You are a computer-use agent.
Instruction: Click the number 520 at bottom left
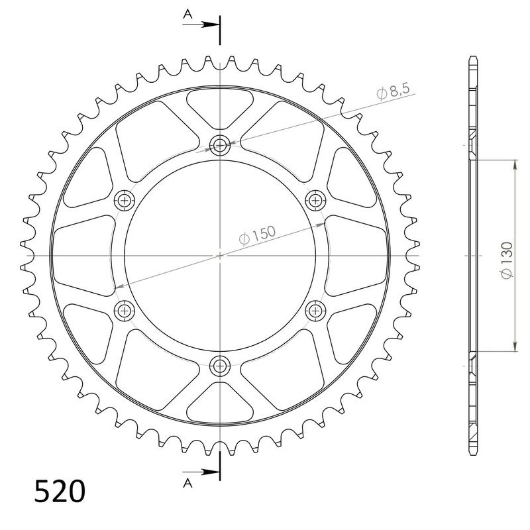click(60, 492)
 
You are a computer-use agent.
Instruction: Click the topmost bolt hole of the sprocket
click(219, 146)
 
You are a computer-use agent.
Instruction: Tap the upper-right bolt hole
click(314, 199)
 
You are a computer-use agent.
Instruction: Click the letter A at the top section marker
click(188, 13)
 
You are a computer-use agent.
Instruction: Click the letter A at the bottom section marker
click(188, 482)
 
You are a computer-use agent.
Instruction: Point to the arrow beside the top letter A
click(205, 25)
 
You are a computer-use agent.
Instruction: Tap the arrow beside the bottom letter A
click(205, 472)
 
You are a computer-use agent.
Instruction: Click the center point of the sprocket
click(219, 254)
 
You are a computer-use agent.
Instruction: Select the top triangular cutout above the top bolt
click(219, 106)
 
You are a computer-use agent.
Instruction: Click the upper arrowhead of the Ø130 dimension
click(513, 163)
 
